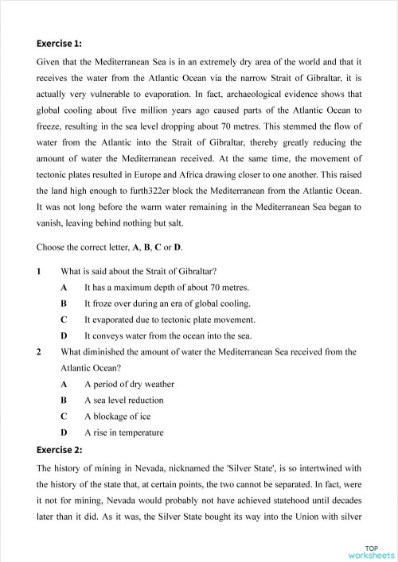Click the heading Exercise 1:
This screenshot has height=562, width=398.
(59, 43)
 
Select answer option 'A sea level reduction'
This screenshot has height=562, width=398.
(123, 400)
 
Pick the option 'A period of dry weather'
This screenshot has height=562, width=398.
(129, 384)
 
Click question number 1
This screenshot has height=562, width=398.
(39, 270)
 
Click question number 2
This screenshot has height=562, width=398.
(39, 351)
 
